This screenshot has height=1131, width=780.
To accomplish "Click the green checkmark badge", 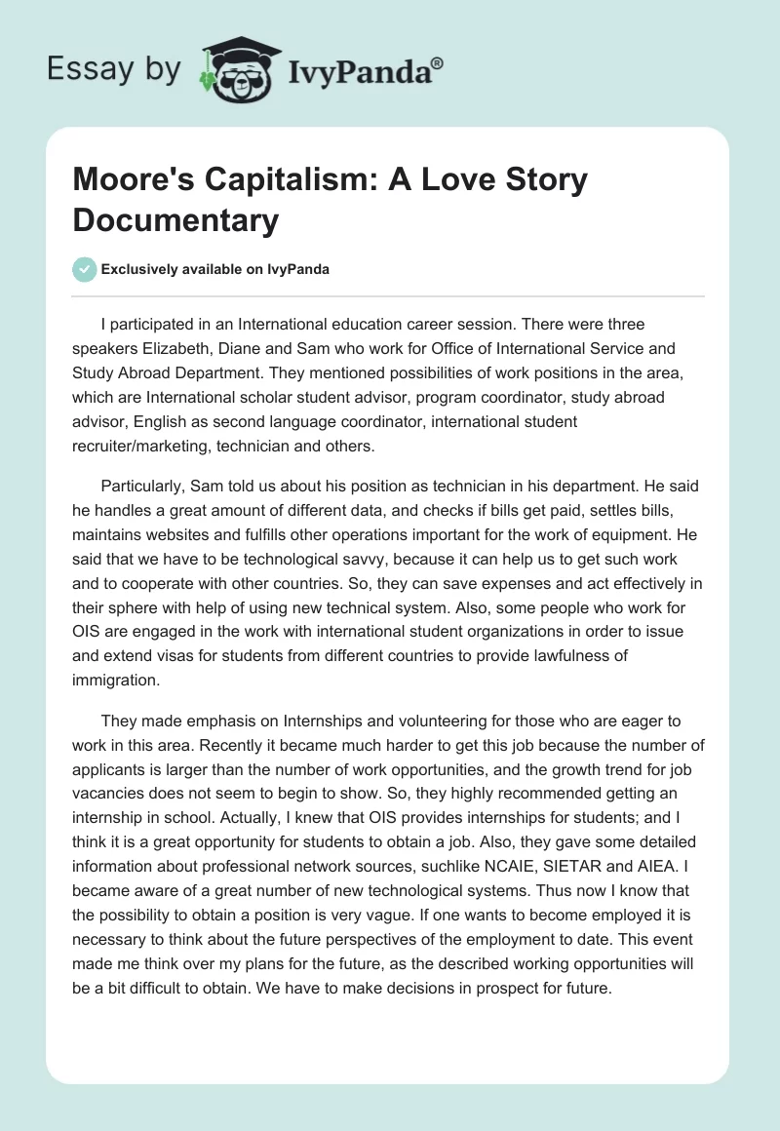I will point(85,269).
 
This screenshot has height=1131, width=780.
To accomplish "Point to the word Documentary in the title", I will point(175,219).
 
